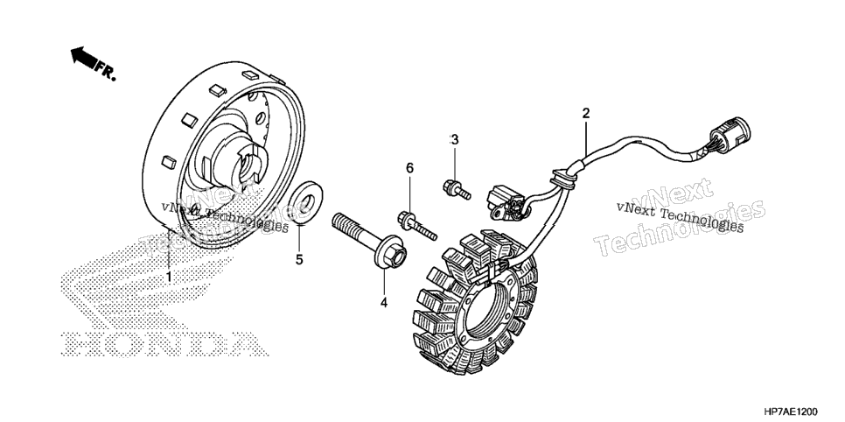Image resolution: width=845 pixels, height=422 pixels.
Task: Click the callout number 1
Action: [169, 277]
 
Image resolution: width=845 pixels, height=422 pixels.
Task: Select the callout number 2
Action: [586, 113]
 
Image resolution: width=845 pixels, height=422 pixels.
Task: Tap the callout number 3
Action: [455, 140]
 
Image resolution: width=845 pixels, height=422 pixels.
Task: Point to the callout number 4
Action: [384, 303]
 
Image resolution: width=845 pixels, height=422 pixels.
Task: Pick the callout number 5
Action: [299, 259]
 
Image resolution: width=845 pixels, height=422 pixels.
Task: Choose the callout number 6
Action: [409, 168]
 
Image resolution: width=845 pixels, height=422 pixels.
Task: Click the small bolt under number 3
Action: [457, 189]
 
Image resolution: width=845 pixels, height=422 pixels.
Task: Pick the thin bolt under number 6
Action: [416, 227]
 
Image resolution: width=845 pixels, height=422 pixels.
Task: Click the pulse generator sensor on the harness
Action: [506, 200]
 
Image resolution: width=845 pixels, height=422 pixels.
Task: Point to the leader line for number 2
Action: [586, 138]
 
